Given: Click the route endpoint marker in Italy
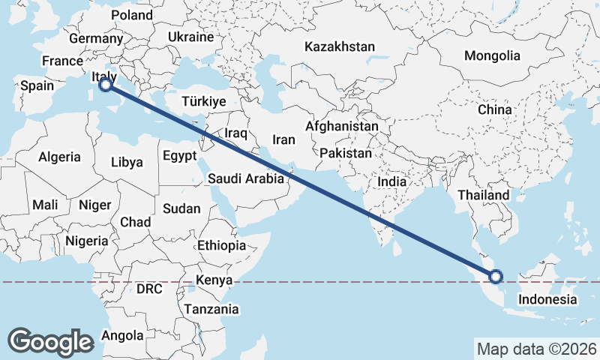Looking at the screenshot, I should tap(106, 85).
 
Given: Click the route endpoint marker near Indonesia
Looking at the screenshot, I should tap(496, 277).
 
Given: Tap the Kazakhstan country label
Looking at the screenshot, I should tap(339, 46).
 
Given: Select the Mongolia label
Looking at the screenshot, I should tap(492, 55).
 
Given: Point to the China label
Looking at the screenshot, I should tap(494, 109).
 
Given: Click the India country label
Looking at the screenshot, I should tap(391, 181).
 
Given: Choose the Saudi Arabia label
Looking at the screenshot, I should tap(246, 178).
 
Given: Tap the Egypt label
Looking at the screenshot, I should tap(179, 156).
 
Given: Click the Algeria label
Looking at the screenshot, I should tap(59, 157).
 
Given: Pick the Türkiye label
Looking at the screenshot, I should tap(204, 101).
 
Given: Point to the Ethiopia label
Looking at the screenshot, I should tap(221, 245).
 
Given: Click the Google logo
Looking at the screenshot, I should tap(50, 341).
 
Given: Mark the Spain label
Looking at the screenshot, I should tap(37, 85).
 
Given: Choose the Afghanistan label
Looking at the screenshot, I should tap(342, 126).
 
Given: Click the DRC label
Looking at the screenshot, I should tap(149, 289).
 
